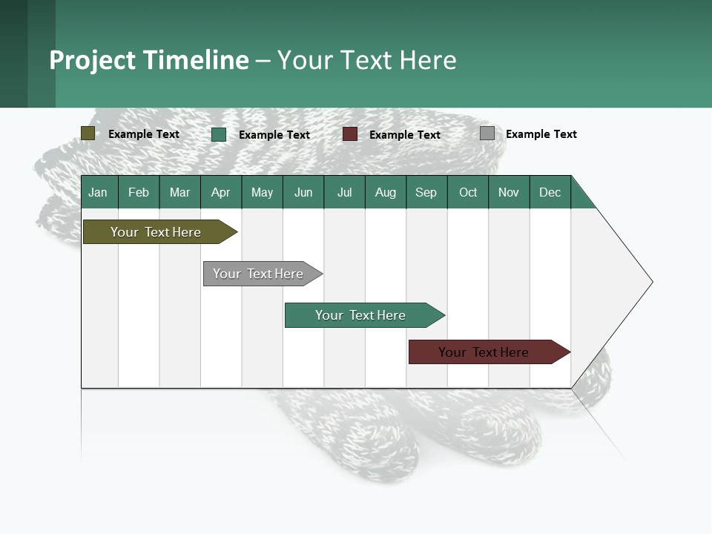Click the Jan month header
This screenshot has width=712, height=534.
(98, 192)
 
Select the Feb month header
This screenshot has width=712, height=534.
(139, 192)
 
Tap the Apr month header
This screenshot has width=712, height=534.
(220, 192)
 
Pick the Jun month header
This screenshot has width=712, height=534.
(303, 192)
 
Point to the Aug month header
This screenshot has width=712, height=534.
(385, 192)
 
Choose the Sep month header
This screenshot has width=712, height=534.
(426, 192)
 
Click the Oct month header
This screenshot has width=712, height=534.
(468, 192)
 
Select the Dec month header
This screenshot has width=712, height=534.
(550, 192)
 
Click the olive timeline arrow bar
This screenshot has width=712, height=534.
(156, 232)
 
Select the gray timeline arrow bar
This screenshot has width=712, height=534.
(259, 274)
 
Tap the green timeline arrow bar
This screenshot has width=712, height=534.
(360, 315)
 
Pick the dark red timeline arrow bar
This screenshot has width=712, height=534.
(484, 352)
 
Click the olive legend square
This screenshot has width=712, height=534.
(88, 133)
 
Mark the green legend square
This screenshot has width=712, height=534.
(219, 134)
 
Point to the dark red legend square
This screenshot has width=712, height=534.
(350, 134)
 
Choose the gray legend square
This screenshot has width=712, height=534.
(487, 133)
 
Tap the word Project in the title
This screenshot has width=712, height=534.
(92, 60)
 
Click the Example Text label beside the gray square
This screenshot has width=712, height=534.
(541, 134)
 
